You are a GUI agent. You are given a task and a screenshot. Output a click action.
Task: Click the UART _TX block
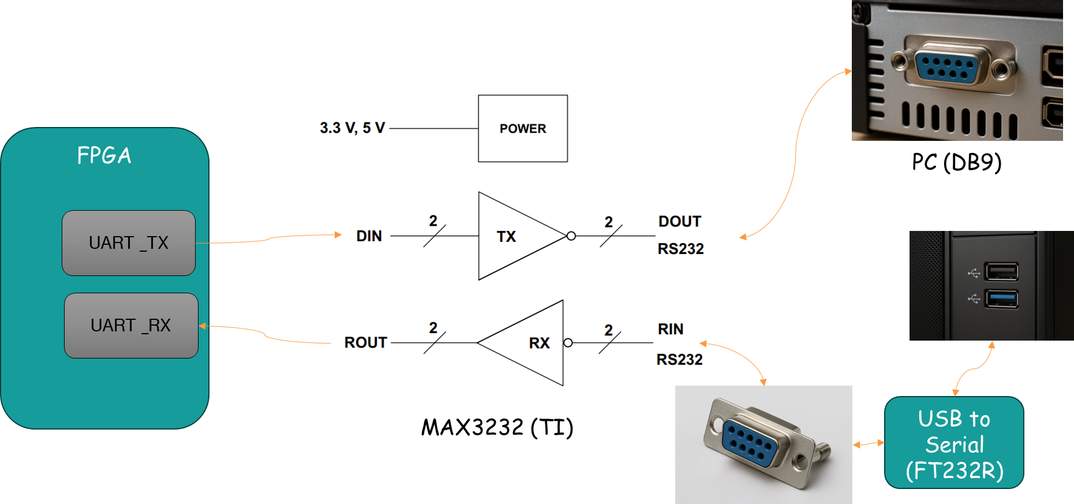(x=129, y=243)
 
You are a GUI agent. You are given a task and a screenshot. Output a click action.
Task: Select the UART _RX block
(x=131, y=326)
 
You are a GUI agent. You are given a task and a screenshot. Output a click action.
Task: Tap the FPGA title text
(x=104, y=155)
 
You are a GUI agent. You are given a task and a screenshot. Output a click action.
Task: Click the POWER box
(x=522, y=128)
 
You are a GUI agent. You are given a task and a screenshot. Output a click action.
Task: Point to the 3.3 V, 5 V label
(x=352, y=128)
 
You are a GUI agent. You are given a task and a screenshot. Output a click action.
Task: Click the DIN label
(x=369, y=236)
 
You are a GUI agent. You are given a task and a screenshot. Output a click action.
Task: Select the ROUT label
(x=365, y=342)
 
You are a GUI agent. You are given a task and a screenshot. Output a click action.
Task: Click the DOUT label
(x=679, y=222)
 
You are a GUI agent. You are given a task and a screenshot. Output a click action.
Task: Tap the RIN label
(x=671, y=329)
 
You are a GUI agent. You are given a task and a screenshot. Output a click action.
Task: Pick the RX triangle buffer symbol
(x=531, y=343)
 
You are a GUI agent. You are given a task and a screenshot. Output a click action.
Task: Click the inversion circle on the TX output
(x=571, y=236)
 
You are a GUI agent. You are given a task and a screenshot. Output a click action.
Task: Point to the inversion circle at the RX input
(x=568, y=343)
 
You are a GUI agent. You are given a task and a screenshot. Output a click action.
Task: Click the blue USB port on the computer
(x=1001, y=298)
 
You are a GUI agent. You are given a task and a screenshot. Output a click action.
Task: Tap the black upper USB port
(x=1001, y=271)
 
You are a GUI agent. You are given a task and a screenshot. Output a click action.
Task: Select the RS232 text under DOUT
(x=680, y=249)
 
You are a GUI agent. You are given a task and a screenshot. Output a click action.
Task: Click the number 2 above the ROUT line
(x=433, y=328)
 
